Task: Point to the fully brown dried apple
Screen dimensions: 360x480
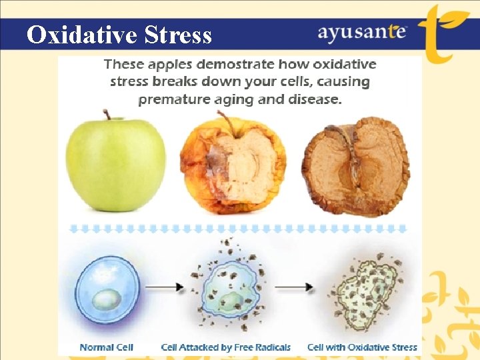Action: point(355,167)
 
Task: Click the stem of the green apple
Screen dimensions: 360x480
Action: point(107,115)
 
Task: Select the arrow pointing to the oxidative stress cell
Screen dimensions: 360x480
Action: point(294,287)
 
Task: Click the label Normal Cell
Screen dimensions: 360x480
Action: point(107,347)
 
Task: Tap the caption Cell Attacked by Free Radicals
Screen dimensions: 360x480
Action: point(226,347)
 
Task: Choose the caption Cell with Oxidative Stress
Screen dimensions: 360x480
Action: point(362,347)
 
